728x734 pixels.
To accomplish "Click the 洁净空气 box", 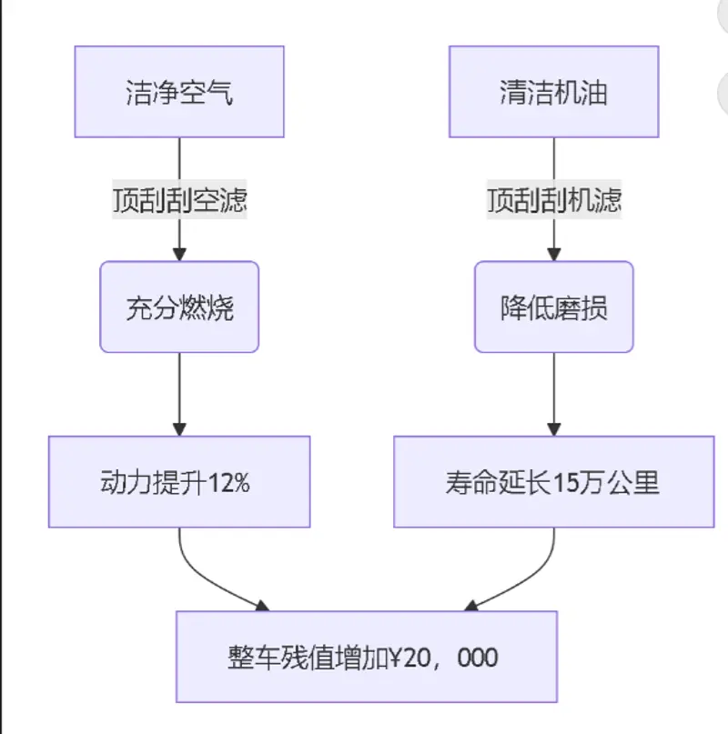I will coord(179,93).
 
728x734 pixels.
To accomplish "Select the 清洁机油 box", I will coord(553,93).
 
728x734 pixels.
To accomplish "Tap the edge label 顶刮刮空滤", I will coord(179,200).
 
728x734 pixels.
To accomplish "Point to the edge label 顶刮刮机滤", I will coord(553,200).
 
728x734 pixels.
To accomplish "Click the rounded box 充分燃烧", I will coord(179,307).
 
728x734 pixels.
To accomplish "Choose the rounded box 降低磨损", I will coord(553,307).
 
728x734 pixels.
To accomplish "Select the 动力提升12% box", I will coord(179,482).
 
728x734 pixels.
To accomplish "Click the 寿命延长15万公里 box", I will coord(553,482).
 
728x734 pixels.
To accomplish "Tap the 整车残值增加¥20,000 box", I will coord(366,657).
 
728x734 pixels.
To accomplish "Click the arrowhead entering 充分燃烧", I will coord(179,255).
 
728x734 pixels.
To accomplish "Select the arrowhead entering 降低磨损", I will coord(553,255).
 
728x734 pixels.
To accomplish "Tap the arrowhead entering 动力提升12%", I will coord(179,429).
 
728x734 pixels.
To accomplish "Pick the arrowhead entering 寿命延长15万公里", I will coord(553,429).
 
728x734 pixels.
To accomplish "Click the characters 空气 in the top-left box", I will coord(206,93).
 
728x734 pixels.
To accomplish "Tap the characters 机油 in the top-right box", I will coord(580,93).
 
